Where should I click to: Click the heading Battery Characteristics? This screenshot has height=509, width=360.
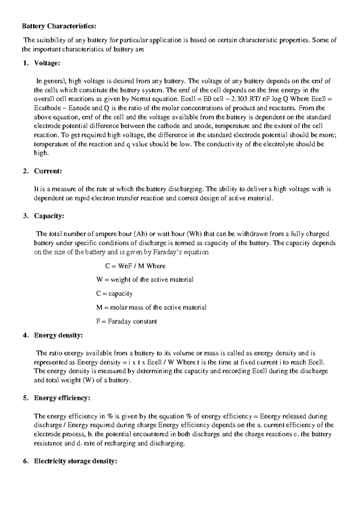point(59,26)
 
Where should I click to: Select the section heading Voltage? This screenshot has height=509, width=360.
point(47,63)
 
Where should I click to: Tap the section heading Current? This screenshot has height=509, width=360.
point(48,171)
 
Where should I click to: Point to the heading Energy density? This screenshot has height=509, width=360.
point(58,335)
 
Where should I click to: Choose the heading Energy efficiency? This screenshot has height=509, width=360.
point(62,398)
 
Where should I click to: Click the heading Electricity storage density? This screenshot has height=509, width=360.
point(75,461)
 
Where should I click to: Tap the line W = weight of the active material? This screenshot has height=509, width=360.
point(145,280)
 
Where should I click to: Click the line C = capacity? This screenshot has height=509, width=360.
point(114,294)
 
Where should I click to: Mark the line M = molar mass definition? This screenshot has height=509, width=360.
point(151,307)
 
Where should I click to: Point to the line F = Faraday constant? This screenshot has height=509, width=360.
point(126,321)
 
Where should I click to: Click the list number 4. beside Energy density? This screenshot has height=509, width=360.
point(25,335)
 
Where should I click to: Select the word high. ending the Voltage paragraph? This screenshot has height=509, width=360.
point(41,153)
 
